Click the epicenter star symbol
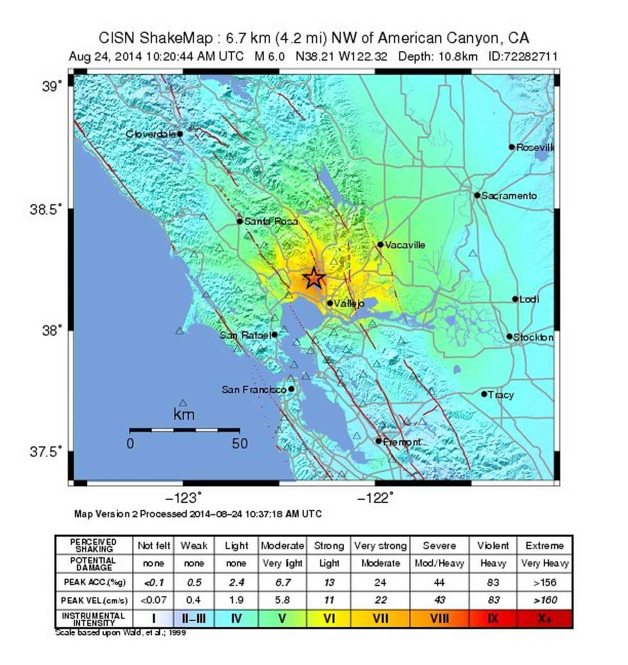(x=313, y=277)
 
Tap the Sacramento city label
(x=509, y=196)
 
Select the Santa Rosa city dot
(x=240, y=221)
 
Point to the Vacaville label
(x=405, y=245)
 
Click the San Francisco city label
(x=254, y=390)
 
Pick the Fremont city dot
(x=378, y=441)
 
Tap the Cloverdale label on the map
(x=151, y=134)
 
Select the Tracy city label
(x=501, y=395)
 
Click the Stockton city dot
(x=509, y=336)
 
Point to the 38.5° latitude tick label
(x=46, y=210)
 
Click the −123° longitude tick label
(x=183, y=498)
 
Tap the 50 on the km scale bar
(x=240, y=444)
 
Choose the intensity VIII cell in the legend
(x=439, y=618)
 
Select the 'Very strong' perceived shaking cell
(x=380, y=546)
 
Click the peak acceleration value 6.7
(x=282, y=582)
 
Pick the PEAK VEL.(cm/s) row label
(x=94, y=600)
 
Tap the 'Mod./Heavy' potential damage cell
(x=439, y=563)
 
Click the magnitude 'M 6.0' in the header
(x=270, y=57)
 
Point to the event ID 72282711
(x=523, y=57)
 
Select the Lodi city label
(x=529, y=299)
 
